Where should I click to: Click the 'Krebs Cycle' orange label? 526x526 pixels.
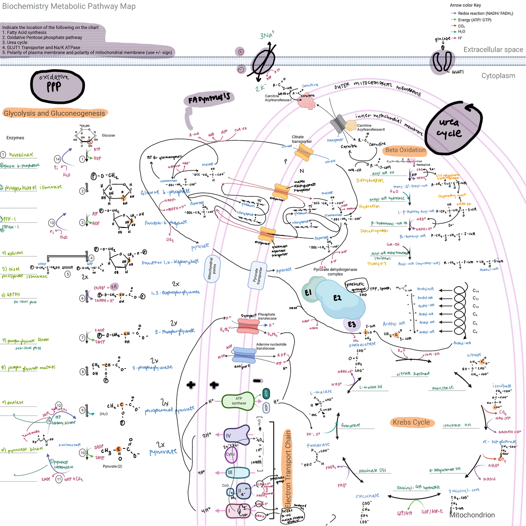[x=411, y=422]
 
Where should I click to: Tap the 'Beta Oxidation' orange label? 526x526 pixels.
[x=405, y=150]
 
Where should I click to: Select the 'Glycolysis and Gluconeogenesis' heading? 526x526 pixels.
[x=55, y=113]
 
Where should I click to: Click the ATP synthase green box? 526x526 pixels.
[x=238, y=401]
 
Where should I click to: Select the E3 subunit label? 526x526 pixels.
[x=352, y=324]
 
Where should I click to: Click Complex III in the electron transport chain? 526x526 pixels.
[x=231, y=473]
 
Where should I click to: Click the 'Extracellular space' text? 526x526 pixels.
[x=493, y=50]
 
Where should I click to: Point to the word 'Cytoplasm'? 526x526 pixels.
[x=498, y=75]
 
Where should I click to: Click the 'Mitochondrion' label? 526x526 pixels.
[x=472, y=515]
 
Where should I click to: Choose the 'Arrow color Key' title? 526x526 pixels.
[x=465, y=5]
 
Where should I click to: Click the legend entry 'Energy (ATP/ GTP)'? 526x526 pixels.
[x=474, y=20]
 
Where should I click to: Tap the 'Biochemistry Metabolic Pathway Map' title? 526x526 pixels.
[x=69, y=6]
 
